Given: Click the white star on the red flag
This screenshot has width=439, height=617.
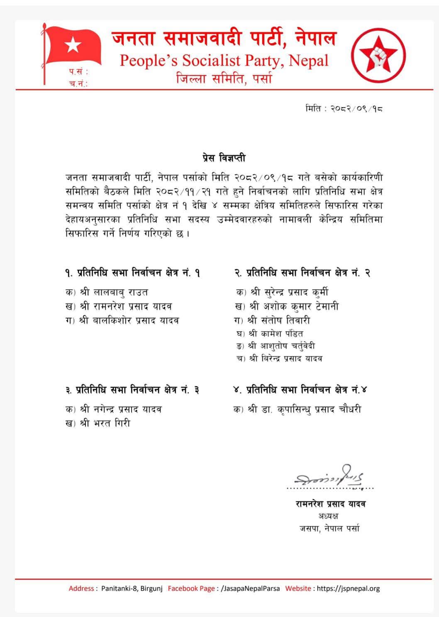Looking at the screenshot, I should (73, 44).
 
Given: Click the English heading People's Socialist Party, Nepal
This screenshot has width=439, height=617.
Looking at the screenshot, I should (224, 61).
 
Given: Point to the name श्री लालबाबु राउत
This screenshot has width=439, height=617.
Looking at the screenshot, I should (114, 293).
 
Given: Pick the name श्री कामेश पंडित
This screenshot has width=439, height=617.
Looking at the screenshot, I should (276, 333).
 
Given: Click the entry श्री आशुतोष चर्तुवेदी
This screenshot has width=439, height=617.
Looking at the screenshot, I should (282, 346).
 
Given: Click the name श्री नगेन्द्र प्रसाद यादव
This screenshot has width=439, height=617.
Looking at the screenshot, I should (121, 409).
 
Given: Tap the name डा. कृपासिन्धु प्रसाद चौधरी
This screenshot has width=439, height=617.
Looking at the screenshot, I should (312, 409).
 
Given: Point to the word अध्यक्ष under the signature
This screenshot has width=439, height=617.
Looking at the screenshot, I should (328, 516).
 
